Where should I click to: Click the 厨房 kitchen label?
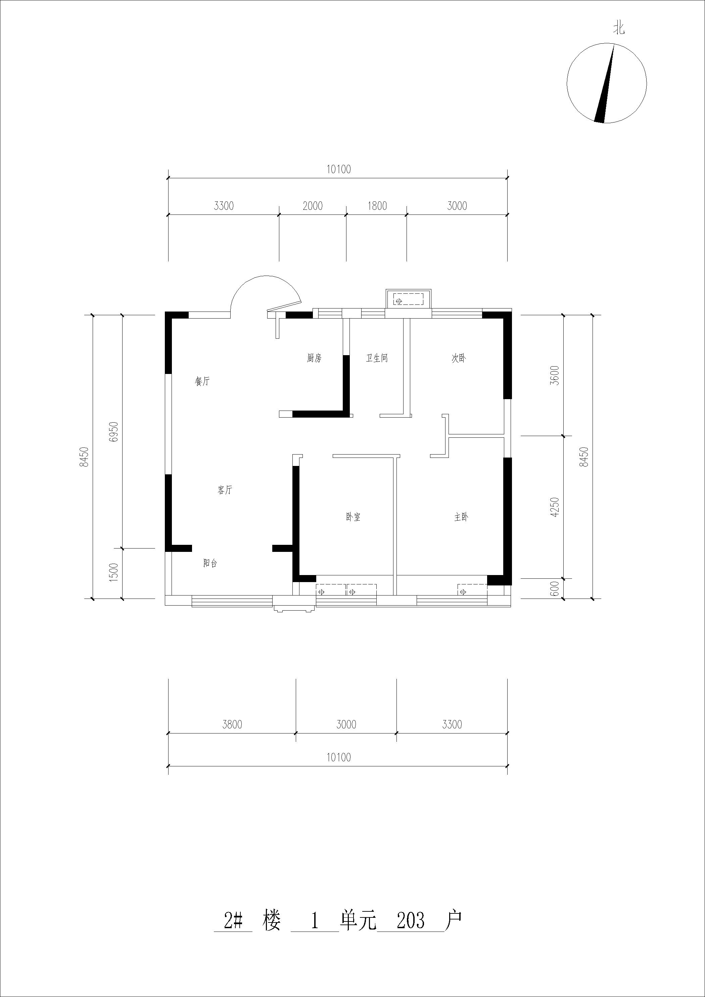coord(314,358)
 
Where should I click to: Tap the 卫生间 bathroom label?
coord(377,358)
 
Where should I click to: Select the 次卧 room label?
coord(459,358)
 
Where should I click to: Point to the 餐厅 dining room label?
coord(202,382)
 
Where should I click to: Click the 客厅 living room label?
coord(225,490)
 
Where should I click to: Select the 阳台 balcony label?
coord(210,563)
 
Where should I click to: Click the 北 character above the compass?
coord(619,29)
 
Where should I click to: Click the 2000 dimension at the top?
coord(313,206)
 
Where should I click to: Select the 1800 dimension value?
coord(377,206)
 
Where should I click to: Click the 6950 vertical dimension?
coord(114,432)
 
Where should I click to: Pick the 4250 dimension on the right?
coord(555,507)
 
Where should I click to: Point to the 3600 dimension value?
coord(555,376)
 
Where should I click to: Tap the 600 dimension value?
coord(555,589)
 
